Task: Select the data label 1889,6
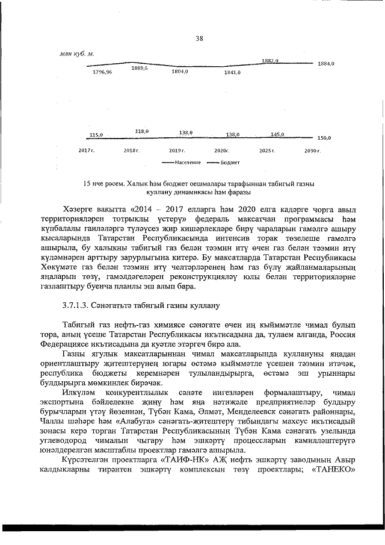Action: pyautogui.click(x=140, y=68)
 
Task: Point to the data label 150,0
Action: pyautogui.click(x=324, y=138)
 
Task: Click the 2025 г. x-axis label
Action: pyautogui.click(x=266, y=149)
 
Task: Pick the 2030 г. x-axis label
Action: pyautogui.click(x=312, y=149)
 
